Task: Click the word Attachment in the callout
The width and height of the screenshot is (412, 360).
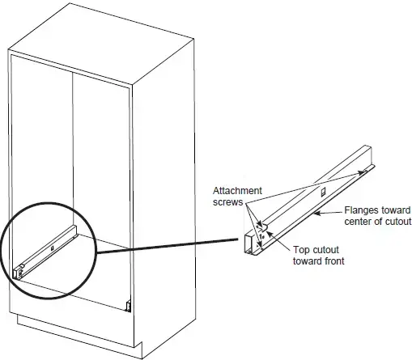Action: point(237,191)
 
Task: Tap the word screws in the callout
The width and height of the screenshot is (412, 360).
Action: point(227,202)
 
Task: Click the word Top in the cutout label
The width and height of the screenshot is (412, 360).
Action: point(301,250)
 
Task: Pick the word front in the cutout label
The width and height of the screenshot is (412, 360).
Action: point(333,261)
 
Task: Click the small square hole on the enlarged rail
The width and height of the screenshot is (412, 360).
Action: point(323,192)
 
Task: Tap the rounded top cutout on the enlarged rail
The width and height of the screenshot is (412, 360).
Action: point(264,227)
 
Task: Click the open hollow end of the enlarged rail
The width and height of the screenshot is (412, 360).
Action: point(249,244)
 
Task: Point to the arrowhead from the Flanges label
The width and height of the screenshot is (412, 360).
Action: point(317,214)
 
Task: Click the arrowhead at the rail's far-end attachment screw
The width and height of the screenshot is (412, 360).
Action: point(362,173)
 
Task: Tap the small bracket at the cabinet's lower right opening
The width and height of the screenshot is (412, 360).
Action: point(129,306)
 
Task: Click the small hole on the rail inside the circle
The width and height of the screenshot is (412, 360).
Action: point(53,248)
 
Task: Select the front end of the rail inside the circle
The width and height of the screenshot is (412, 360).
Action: point(19,273)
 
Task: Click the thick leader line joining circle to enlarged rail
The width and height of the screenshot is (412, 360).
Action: point(168,246)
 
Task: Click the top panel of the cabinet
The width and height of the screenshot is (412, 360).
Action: point(101,44)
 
